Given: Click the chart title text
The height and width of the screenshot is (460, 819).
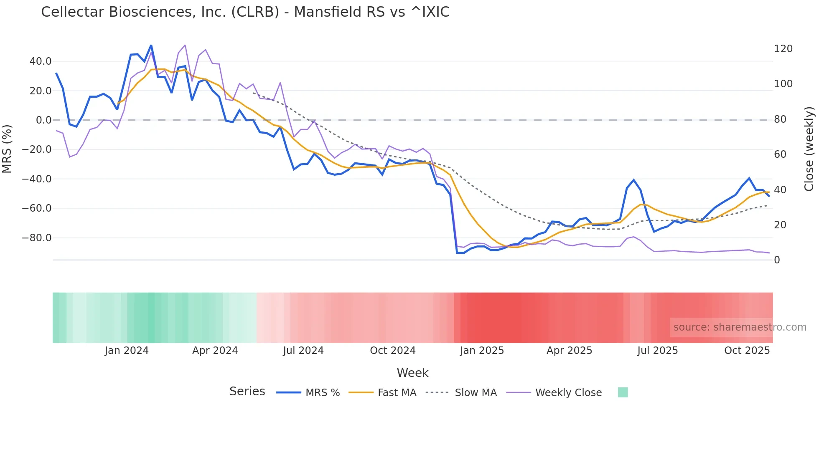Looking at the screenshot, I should [x=245, y=12].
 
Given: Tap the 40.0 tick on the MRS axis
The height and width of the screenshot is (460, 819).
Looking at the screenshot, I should [x=41, y=61].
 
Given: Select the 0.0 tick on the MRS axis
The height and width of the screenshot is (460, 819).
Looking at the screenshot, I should [x=43, y=120].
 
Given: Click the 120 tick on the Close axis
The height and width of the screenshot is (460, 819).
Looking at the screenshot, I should [x=783, y=49].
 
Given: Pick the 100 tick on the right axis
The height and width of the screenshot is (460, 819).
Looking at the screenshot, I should [x=783, y=84].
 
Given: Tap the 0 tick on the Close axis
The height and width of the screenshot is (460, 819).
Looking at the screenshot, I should [x=777, y=260].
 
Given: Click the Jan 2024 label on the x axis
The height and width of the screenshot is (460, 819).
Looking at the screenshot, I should [x=127, y=351].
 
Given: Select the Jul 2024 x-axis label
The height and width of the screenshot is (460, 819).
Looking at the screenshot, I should [x=303, y=351].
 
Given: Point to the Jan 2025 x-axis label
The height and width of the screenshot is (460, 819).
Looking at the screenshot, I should [x=482, y=351].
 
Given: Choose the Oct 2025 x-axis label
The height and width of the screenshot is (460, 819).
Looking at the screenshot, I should [x=747, y=351].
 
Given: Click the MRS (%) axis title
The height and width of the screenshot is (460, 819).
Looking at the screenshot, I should [x=7, y=149].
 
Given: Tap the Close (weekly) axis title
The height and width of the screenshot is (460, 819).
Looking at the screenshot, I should [x=809, y=149].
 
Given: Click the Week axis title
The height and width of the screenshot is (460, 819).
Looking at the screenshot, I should [x=412, y=373].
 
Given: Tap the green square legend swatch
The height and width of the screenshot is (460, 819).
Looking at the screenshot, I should [x=623, y=392].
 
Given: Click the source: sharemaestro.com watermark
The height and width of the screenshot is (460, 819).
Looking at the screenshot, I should [x=740, y=327].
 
